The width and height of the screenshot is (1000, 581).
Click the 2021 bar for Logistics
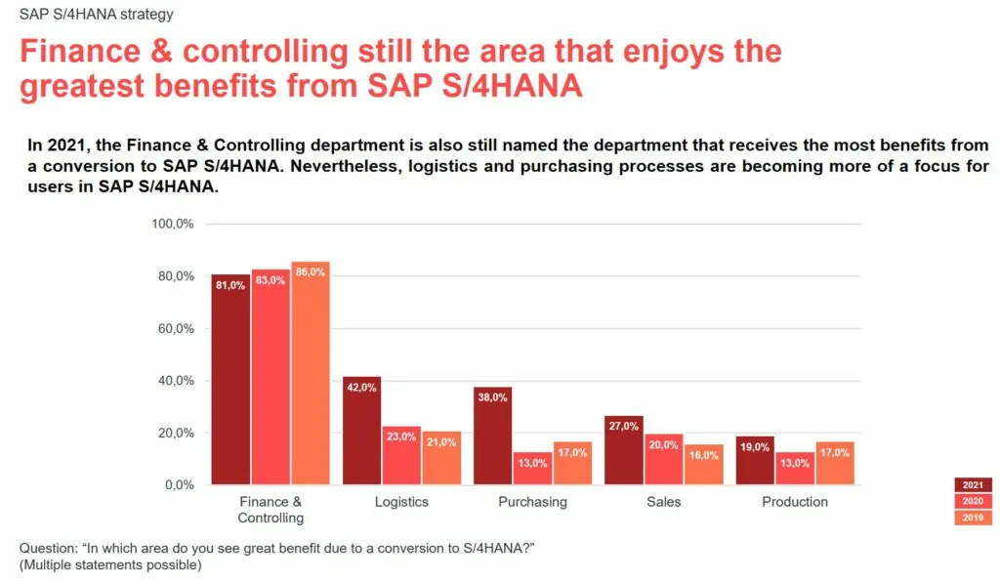pyautogui.click(x=361, y=430)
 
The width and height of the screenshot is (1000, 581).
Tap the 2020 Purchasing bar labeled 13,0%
pyautogui.click(x=532, y=468)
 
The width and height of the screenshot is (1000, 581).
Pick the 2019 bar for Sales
pyautogui.click(x=703, y=465)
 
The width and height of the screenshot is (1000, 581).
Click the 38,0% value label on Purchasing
pyautogui.click(x=492, y=397)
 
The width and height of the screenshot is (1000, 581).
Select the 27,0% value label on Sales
pyautogui.click(x=623, y=426)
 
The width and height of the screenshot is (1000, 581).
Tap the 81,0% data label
pyautogui.click(x=230, y=285)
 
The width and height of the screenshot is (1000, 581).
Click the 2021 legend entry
pyautogui.click(x=973, y=484)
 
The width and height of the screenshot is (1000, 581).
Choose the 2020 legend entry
pyautogui.click(x=973, y=501)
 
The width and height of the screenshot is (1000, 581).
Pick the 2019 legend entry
pyautogui.click(x=973, y=518)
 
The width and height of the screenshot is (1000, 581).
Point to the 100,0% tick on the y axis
pyautogui.click(x=173, y=224)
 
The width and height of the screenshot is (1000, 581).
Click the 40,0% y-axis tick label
pyautogui.click(x=176, y=381)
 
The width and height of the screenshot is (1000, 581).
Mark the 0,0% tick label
pyautogui.click(x=180, y=485)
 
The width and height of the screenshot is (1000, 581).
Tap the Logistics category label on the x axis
pyautogui.click(x=401, y=502)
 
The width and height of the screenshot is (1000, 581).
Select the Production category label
pyautogui.click(x=795, y=502)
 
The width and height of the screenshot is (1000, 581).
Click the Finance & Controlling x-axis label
pyautogui.click(x=271, y=510)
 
